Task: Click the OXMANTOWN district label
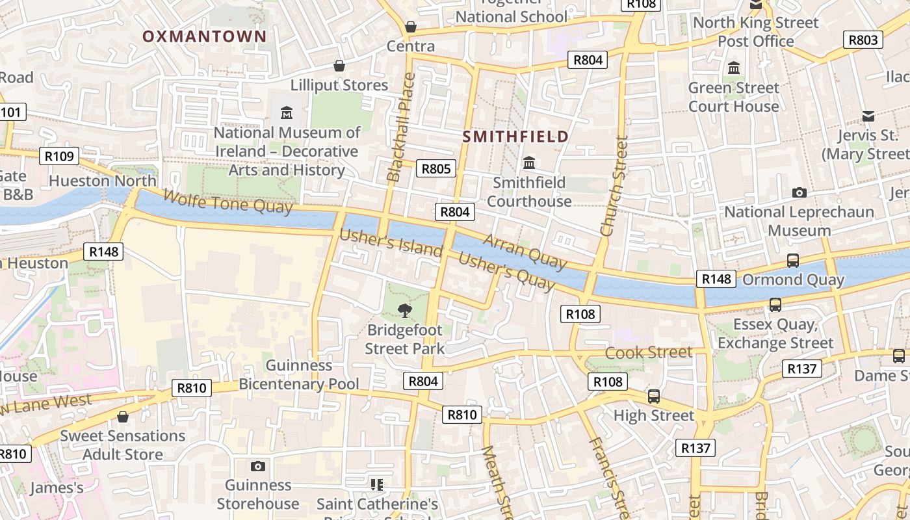205,36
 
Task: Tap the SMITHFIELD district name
515,136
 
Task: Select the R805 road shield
435,169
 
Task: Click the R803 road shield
863,40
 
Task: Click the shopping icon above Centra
411,27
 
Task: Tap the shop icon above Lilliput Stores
339,66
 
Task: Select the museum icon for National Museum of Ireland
287,113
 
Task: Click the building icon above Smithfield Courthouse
529,162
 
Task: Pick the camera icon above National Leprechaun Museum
799,192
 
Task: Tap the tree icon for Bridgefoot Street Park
404,310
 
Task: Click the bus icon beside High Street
654,396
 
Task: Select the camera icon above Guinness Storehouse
258,466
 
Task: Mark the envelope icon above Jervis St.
868,116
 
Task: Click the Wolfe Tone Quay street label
227,201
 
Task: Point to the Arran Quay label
525,252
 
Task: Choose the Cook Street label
649,352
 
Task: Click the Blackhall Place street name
400,127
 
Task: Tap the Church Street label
614,185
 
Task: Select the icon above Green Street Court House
734,68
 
